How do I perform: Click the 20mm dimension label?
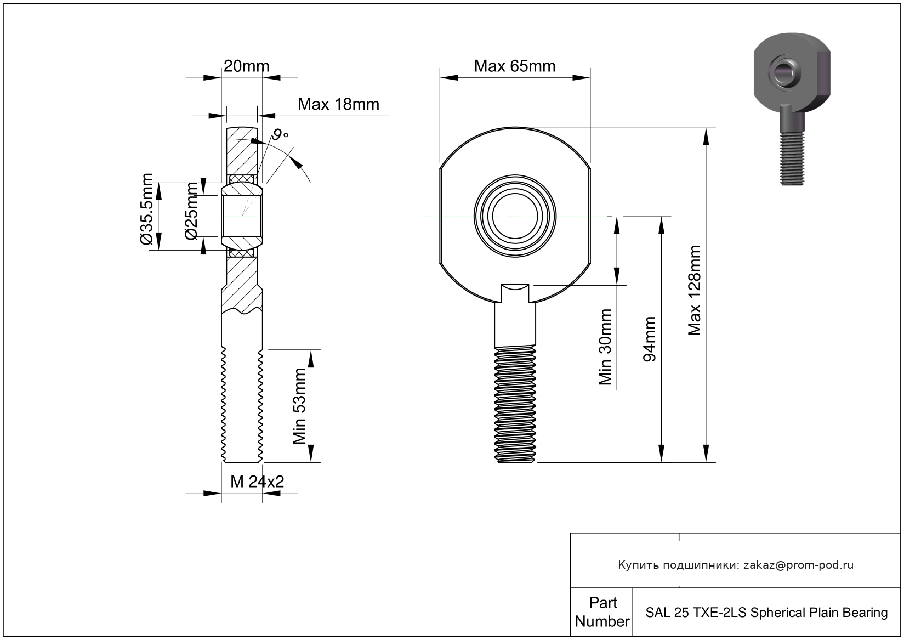pyautogui.click(x=246, y=66)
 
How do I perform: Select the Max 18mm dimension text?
pyautogui.click(x=338, y=104)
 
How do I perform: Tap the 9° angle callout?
pyautogui.click(x=280, y=135)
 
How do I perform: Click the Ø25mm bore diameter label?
pyautogui.click(x=191, y=211)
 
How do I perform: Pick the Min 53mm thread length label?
pyautogui.click(x=299, y=406)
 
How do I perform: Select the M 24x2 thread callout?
pyautogui.click(x=257, y=482)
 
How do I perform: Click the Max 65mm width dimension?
pyautogui.click(x=514, y=66)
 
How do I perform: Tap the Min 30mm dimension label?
pyautogui.click(x=605, y=347)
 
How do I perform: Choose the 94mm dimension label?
pyautogui.click(x=650, y=339)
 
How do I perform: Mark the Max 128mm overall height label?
pyautogui.click(x=695, y=291)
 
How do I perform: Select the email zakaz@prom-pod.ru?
pyautogui.click(x=798, y=565)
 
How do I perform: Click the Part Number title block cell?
pyautogui.click(x=602, y=612)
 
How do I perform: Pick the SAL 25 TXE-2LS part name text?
pyautogui.click(x=766, y=612)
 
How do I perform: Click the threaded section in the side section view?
pyautogui.click(x=242, y=406)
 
